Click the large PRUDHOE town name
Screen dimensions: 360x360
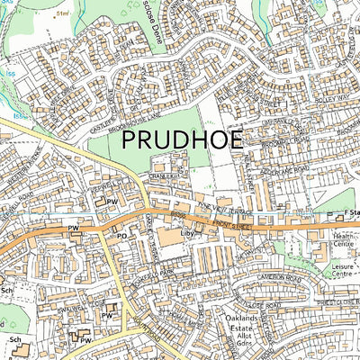coord(189,139)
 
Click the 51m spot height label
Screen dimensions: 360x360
coord(63,15)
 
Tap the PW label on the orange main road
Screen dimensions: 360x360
coord(74,229)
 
